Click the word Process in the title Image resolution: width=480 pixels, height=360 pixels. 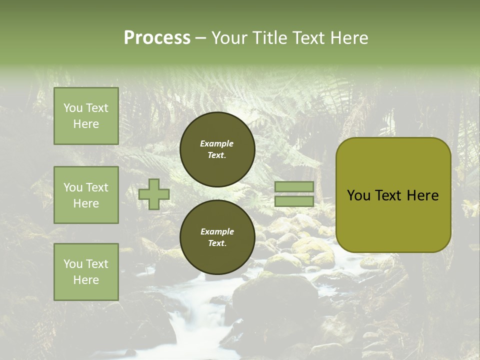point(157,38)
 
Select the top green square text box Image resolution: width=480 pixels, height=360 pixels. point(86,116)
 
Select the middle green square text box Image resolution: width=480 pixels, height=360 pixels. point(86,195)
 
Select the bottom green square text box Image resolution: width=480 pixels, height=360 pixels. point(86,272)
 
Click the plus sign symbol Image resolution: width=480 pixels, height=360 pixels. point(154,194)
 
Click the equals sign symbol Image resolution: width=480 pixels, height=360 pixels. point(294,194)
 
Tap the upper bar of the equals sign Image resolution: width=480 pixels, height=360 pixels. point(294,187)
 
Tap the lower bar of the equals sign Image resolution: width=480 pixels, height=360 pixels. point(294,201)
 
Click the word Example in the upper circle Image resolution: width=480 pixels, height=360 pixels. point(216,143)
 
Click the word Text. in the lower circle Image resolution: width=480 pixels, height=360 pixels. point(217,243)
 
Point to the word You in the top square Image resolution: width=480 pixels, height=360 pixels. point(73,108)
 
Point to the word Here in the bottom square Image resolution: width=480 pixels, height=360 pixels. point(86,280)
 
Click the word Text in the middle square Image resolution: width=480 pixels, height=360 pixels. point(97,187)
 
